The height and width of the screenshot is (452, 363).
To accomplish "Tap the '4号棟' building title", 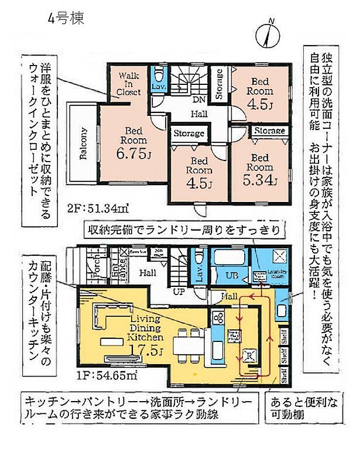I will tap(66, 18).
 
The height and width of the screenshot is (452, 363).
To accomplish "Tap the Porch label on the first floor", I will tap(97, 270).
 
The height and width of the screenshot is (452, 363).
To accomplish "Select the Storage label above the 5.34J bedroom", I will tap(270, 131).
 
